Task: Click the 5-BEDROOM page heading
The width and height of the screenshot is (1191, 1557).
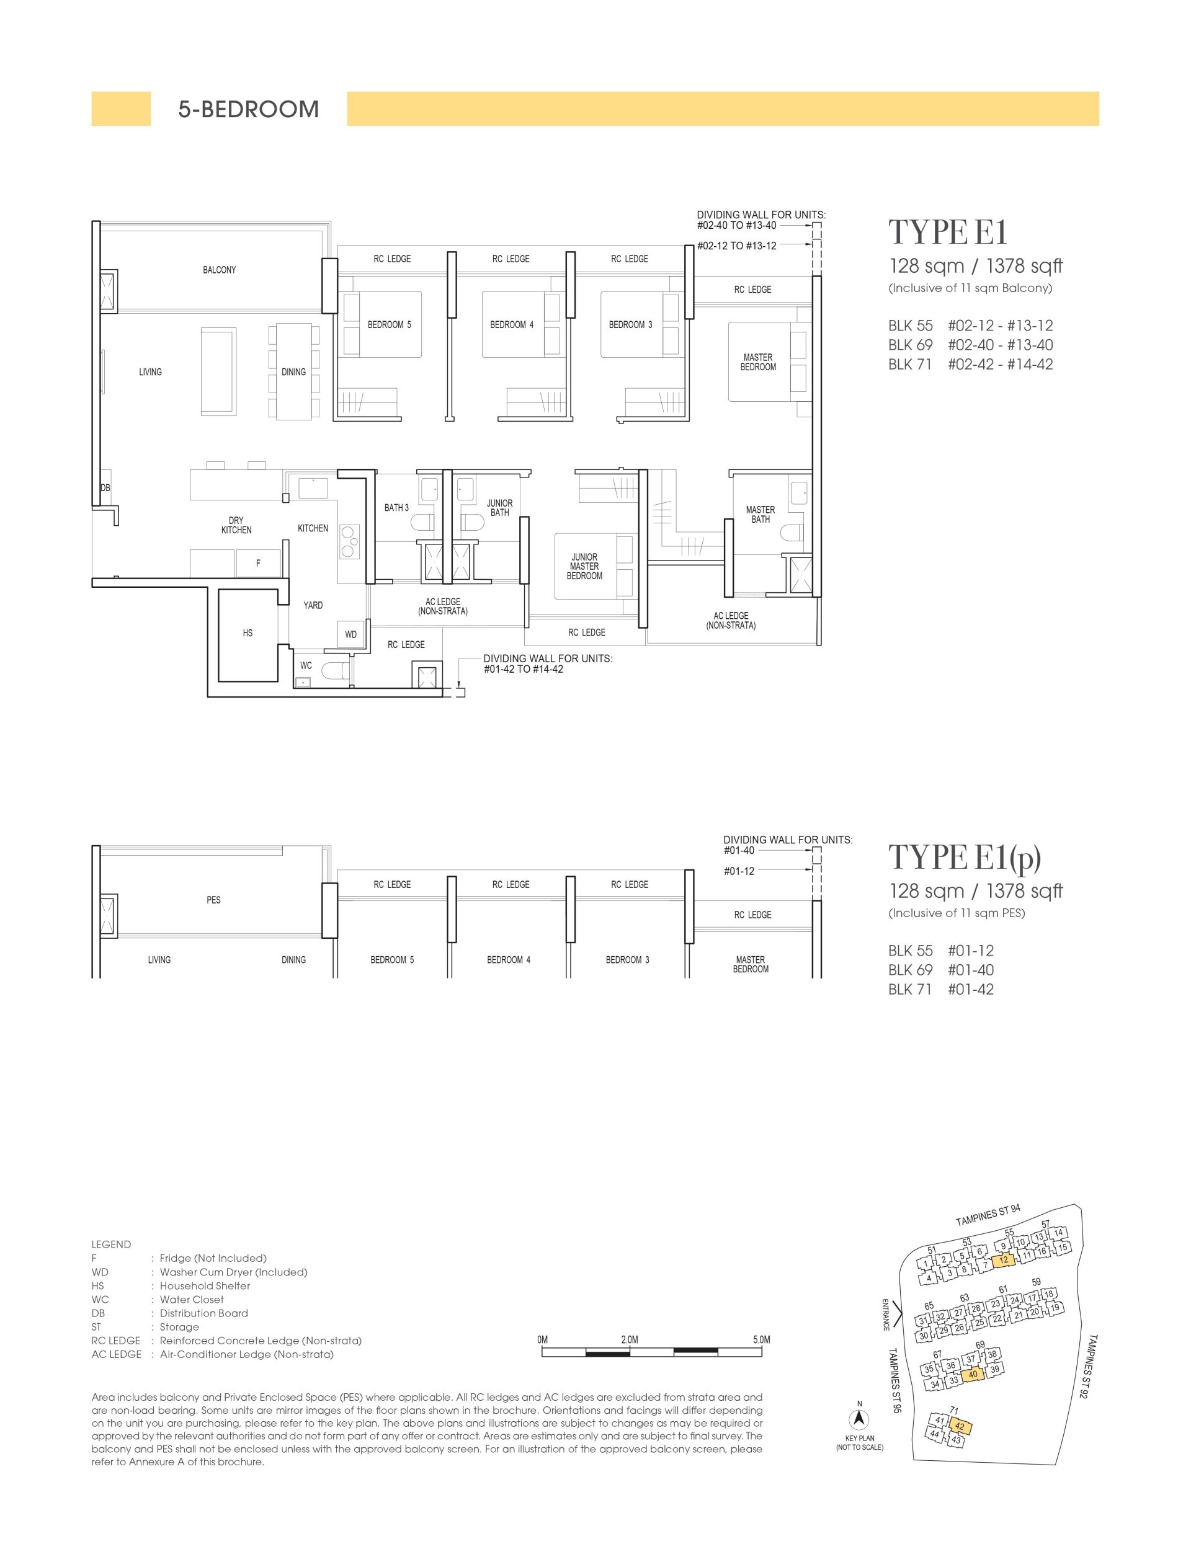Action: coord(248,109)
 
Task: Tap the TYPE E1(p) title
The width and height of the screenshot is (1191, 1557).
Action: coord(964,858)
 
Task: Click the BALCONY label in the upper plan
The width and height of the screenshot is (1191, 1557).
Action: coord(219,270)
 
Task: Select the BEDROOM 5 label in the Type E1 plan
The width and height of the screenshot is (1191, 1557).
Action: coord(389,324)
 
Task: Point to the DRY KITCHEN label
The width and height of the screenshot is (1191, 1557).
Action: coord(236,525)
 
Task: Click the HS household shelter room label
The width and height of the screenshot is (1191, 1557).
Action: coord(248,633)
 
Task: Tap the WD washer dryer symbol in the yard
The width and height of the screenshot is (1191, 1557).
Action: coord(351,634)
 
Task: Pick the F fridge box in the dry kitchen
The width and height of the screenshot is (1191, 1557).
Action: coord(258,564)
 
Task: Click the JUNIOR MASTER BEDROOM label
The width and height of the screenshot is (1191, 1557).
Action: coord(584,566)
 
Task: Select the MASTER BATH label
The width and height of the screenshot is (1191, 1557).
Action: coord(760,515)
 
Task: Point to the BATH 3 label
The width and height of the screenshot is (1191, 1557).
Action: coord(396,507)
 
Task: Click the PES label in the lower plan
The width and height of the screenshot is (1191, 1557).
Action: coord(213,900)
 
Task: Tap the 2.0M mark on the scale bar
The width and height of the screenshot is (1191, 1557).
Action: coord(630,1339)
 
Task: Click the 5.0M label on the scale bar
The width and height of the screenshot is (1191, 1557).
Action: coord(761,1339)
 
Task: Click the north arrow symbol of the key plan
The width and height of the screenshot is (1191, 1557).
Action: coord(859,1419)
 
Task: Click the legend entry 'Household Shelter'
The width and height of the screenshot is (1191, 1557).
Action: coord(205,1285)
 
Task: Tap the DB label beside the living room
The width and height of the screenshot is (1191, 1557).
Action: coord(105,488)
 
